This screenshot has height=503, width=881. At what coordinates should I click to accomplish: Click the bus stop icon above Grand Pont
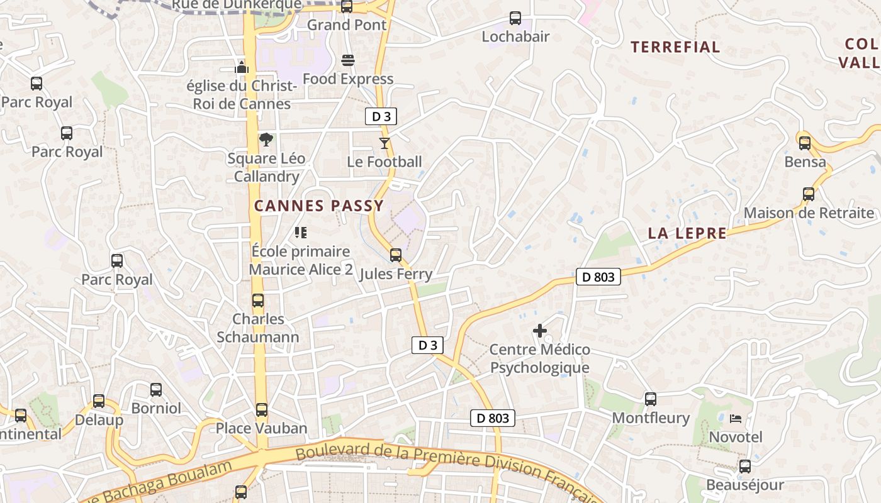pyautogui.click(x=346, y=7)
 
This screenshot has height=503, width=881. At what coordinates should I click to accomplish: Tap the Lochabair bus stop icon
pyautogui.click(x=515, y=18)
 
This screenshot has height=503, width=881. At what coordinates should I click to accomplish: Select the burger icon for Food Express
pyautogui.click(x=348, y=60)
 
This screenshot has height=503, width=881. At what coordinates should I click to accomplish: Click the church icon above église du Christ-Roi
pyautogui.click(x=242, y=67)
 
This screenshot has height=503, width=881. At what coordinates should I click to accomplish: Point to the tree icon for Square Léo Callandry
pyautogui.click(x=266, y=140)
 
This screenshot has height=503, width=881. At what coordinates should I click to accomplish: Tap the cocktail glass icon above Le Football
pyautogui.click(x=384, y=143)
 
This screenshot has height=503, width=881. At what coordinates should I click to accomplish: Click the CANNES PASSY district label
pyautogui.click(x=318, y=206)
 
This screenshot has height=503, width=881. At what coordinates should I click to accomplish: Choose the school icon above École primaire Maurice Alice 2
pyautogui.click(x=301, y=233)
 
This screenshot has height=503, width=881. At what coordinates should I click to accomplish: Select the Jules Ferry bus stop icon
pyautogui.click(x=396, y=255)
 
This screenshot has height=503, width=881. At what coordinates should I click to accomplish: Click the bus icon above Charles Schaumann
pyautogui.click(x=258, y=301)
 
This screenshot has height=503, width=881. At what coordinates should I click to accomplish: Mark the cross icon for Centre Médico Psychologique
pyautogui.click(x=540, y=331)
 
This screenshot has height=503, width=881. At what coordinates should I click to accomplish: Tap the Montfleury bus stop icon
pyautogui.click(x=651, y=399)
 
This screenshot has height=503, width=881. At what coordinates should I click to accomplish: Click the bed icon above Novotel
pyautogui.click(x=736, y=418)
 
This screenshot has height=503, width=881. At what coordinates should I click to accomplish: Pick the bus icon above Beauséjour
pyautogui.click(x=745, y=467)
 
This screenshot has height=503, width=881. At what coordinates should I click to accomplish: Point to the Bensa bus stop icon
pyautogui.click(x=805, y=143)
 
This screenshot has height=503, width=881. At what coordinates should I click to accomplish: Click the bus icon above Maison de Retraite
pyautogui.click(x=809, y=194)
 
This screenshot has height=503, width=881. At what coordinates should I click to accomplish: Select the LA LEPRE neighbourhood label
pyautogui.click(x=687, y=234)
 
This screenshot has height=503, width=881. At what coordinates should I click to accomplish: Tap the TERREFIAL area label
pyautogui.click(x=675, y=47)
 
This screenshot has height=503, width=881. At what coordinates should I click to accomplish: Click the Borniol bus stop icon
pyautogui.click(x=156, y=390)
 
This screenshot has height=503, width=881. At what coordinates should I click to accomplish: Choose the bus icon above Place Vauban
pyautogui.click(x=262, y=410)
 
